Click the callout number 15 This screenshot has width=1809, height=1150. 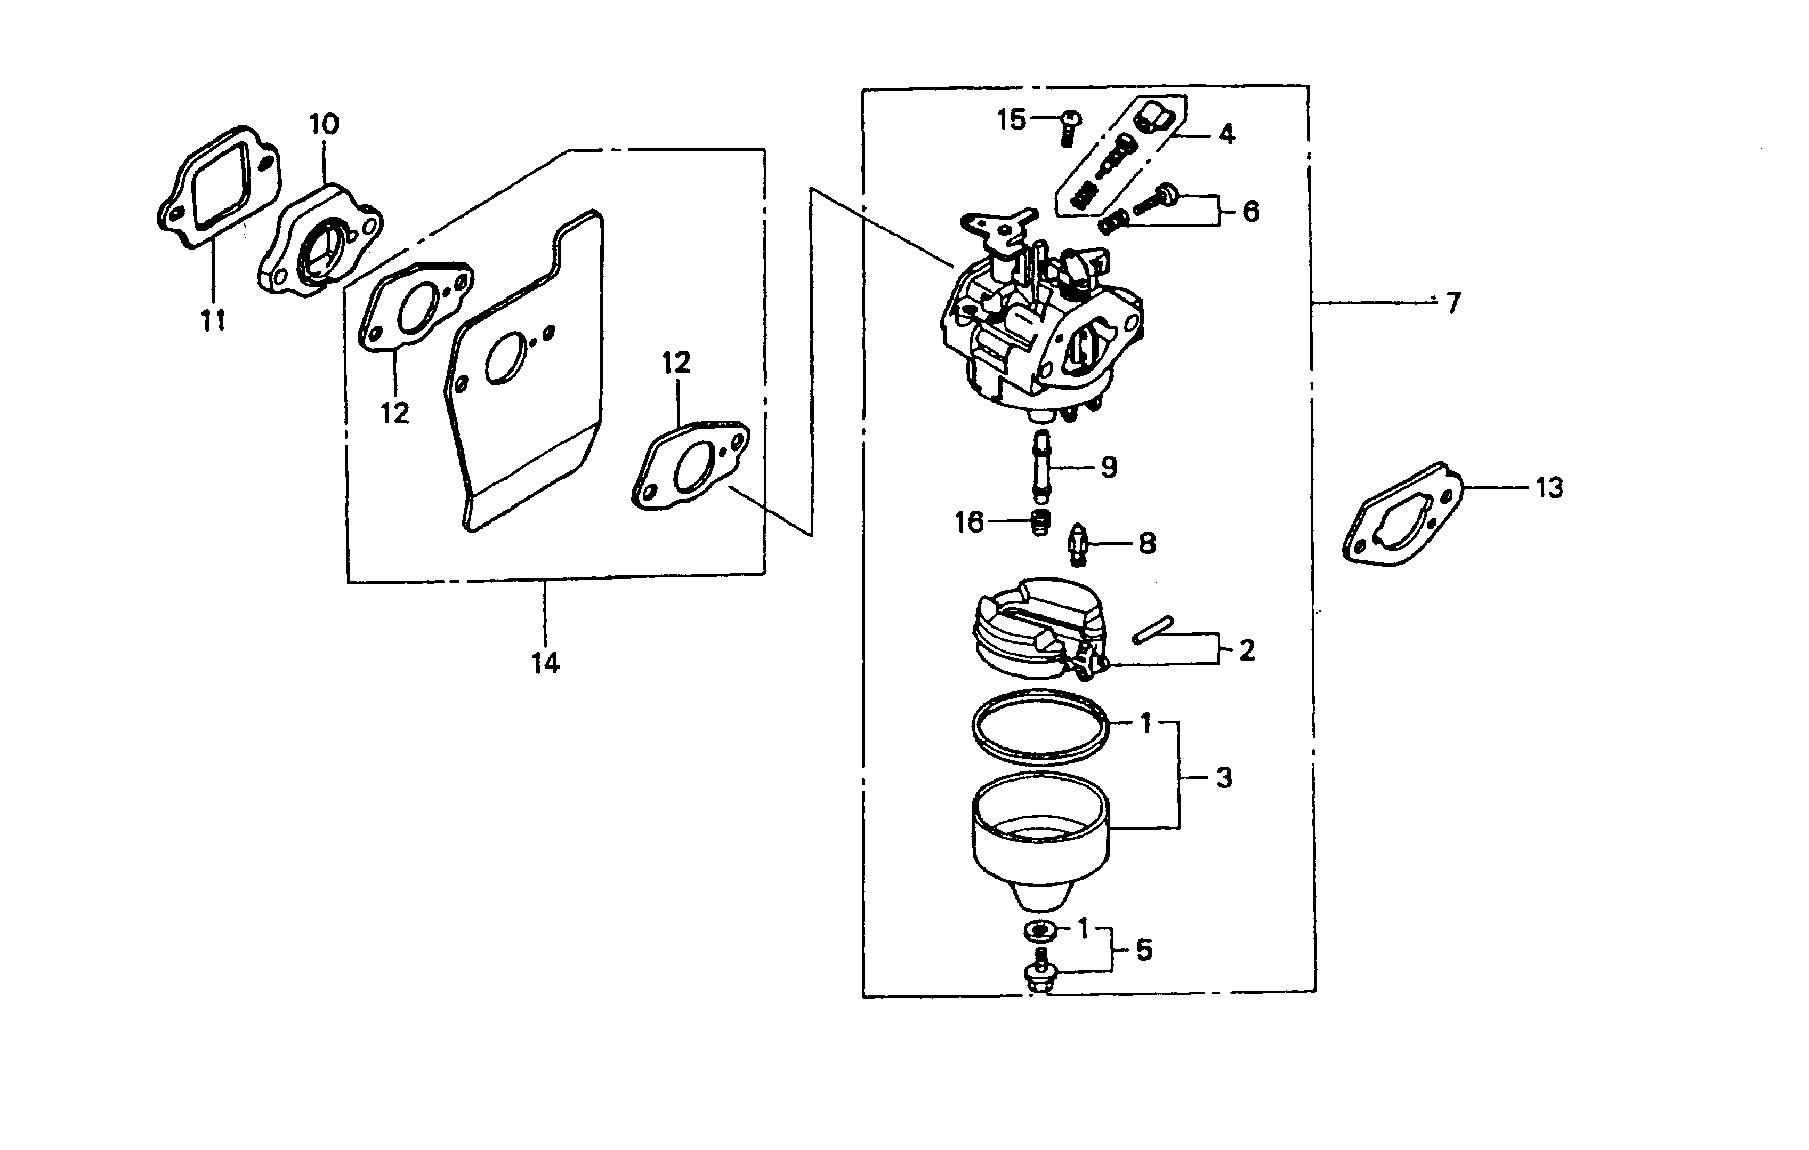tap(1011, 120)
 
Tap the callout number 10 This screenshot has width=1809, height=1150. tap(325, 125)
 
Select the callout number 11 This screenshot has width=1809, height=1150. tap(213, 321)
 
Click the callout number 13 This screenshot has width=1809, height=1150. tap(1549, 488)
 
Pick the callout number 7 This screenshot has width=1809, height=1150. tap(1453, 304)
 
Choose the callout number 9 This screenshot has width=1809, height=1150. tap(1109, 468)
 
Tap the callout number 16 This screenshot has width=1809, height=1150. tap(969, 521)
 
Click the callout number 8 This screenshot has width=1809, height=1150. tap(1147, 543)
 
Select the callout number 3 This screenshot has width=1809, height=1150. tap(1224, 778)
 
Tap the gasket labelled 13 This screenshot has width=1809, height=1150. tap(1402, 517)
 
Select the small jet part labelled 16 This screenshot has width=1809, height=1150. tap(1040, 522)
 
